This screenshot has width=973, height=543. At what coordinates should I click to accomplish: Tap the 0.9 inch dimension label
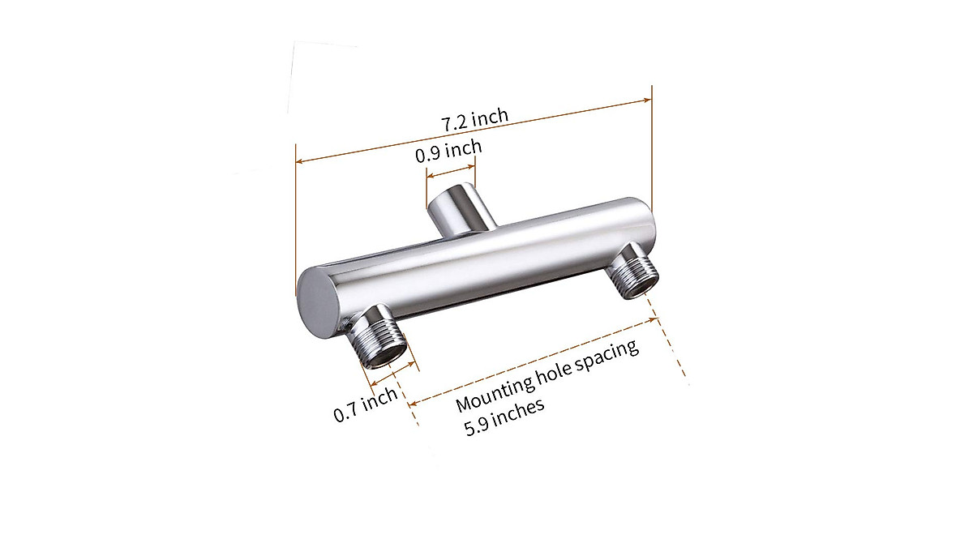448,151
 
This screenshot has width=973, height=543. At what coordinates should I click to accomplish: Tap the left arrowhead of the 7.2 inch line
300,161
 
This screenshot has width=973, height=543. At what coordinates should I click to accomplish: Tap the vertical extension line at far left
295,227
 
